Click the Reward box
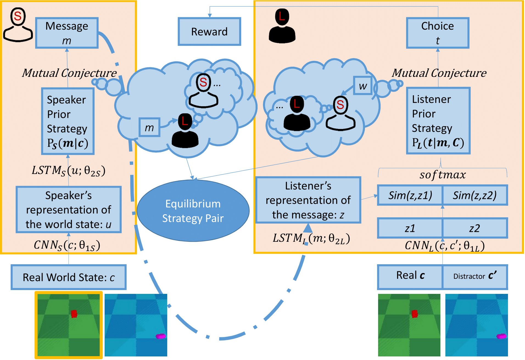(x=209, y=32)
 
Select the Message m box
(x=67, y=33)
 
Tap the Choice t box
(x=438, y=33)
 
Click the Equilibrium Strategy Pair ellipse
(x=193, y=211)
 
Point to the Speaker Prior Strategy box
(x=68, y=121)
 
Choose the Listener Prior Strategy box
(x=438, y=121)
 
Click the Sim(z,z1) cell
(x=410, y=195)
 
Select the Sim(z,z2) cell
(x=475, y=195)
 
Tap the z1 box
(x=410, y=228)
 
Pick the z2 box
(x=475, y=228)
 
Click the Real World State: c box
(x=69, y=277)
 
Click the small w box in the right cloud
(x=363, y=86)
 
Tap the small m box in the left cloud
(x=149, y=127)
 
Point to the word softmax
(x=443, y=175)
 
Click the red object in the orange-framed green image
(x=74, y=314)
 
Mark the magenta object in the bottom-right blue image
(x=501, y=336)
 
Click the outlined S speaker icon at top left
(x=18, y=25)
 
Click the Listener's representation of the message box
(x=308, y=200)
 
